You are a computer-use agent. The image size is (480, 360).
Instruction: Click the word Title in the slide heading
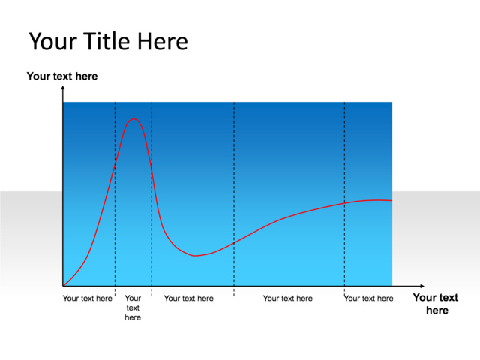(107, 41)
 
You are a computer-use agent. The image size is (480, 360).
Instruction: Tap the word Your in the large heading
(52, 41)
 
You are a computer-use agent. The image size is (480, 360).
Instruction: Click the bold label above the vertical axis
(62, 76)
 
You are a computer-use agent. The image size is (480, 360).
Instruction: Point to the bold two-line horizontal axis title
(436, 304)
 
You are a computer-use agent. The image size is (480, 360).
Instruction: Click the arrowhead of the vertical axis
(63, 88)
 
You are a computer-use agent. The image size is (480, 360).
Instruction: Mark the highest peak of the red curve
(134, 118)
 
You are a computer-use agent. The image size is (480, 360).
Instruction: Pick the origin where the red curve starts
(64, 285)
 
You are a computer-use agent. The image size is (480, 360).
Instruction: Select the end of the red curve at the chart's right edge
(391, 200)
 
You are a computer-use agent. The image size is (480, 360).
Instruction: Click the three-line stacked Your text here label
(133, 307)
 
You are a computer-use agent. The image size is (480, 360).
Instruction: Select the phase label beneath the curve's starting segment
(87, 298)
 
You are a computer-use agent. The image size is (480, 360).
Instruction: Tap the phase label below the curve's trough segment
(188, 298)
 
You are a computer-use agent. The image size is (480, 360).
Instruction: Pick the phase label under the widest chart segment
(287, 298)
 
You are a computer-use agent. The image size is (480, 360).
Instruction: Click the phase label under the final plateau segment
(368, 298)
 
